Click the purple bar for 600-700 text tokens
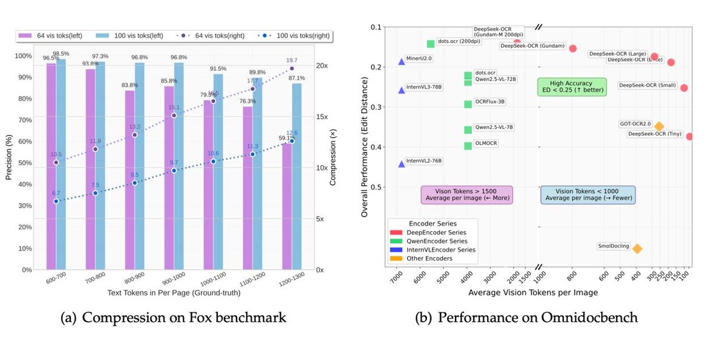pyautogui.click(x=51, y=166)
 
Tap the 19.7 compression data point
pyautogui.click(x=292, y=68)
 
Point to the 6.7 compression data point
pyautogui.click(x=56, y=201)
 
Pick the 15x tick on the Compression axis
pyautogui.click(x=322, y=117)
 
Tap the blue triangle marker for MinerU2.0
pyautogui.click(x=402, y=62)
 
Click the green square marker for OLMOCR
pyautogui.click(x=468, y=146)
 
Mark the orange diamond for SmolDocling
pyautogui.click(x=637, y=249)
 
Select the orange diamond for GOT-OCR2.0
pyautogui.click(x=659, y=126)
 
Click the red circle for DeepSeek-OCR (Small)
pyautogui.click(x=684, y=88)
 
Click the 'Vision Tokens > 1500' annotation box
pyautogui.click(x=466, y=195)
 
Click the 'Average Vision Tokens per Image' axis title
pyautogui.click(x=533, y=293)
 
